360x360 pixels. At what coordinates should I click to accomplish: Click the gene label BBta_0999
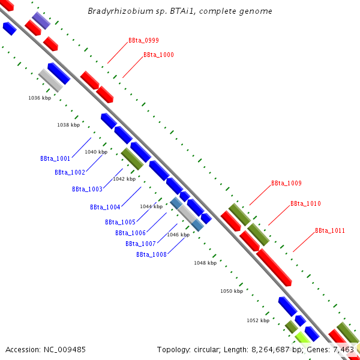point(143,41)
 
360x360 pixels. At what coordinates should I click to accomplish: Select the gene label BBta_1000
point(158,55)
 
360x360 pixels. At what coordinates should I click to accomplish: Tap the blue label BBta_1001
point(55,159)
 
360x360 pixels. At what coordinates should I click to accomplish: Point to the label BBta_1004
point(105,208)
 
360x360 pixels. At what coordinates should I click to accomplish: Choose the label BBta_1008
point(151,254)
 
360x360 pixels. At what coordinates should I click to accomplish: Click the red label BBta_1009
point(286,184)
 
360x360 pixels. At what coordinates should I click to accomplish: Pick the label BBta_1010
point(305,204)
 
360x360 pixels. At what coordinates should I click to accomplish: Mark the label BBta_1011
point(330,231)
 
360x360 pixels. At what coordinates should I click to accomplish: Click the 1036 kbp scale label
point(40,98)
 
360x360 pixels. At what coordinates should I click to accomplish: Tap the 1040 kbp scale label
point(96,152)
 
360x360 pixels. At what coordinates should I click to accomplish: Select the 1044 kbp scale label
point(151,206)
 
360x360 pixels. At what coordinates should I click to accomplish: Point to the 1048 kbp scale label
point(205,263)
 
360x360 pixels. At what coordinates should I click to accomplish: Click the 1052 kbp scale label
point(258,320)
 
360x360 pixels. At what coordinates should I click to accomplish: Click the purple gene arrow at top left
point(41,20)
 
